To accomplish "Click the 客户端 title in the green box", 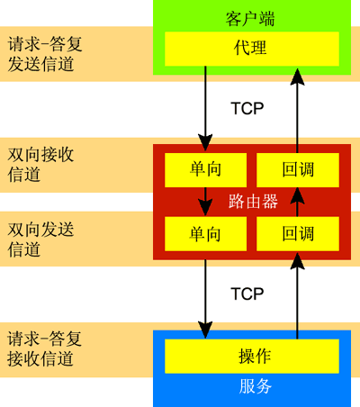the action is (x=250, y=19).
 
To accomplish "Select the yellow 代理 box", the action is (x=252, y=49).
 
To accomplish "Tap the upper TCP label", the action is (x=247, y=108).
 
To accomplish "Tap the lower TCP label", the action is (x=247, y=294).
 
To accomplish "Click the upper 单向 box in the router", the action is (x=205, y=170).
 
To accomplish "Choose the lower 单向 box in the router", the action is (x=205, y=234).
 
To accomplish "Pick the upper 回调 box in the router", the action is (x=298, y=170).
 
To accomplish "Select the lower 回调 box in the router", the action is (x=298, y=234).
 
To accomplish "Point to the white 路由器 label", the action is (x=253, y=202).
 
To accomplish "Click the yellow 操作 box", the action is (x=252, y=357).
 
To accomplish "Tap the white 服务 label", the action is (x=256, y=386).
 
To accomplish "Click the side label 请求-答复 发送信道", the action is (x=45, y=54).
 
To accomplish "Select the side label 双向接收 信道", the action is (x=40, y=165).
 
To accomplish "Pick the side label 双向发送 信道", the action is (x=40, y=240).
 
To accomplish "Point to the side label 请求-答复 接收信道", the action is (x=44, y=348).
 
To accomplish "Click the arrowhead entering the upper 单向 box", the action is (x=205, y=142).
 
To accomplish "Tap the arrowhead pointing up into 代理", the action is (x=297, y=77).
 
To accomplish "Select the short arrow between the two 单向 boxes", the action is (x=205, y=202).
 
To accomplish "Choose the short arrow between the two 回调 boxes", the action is (x=297, y=202).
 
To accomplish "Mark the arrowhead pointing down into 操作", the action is (x=205, y=330).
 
